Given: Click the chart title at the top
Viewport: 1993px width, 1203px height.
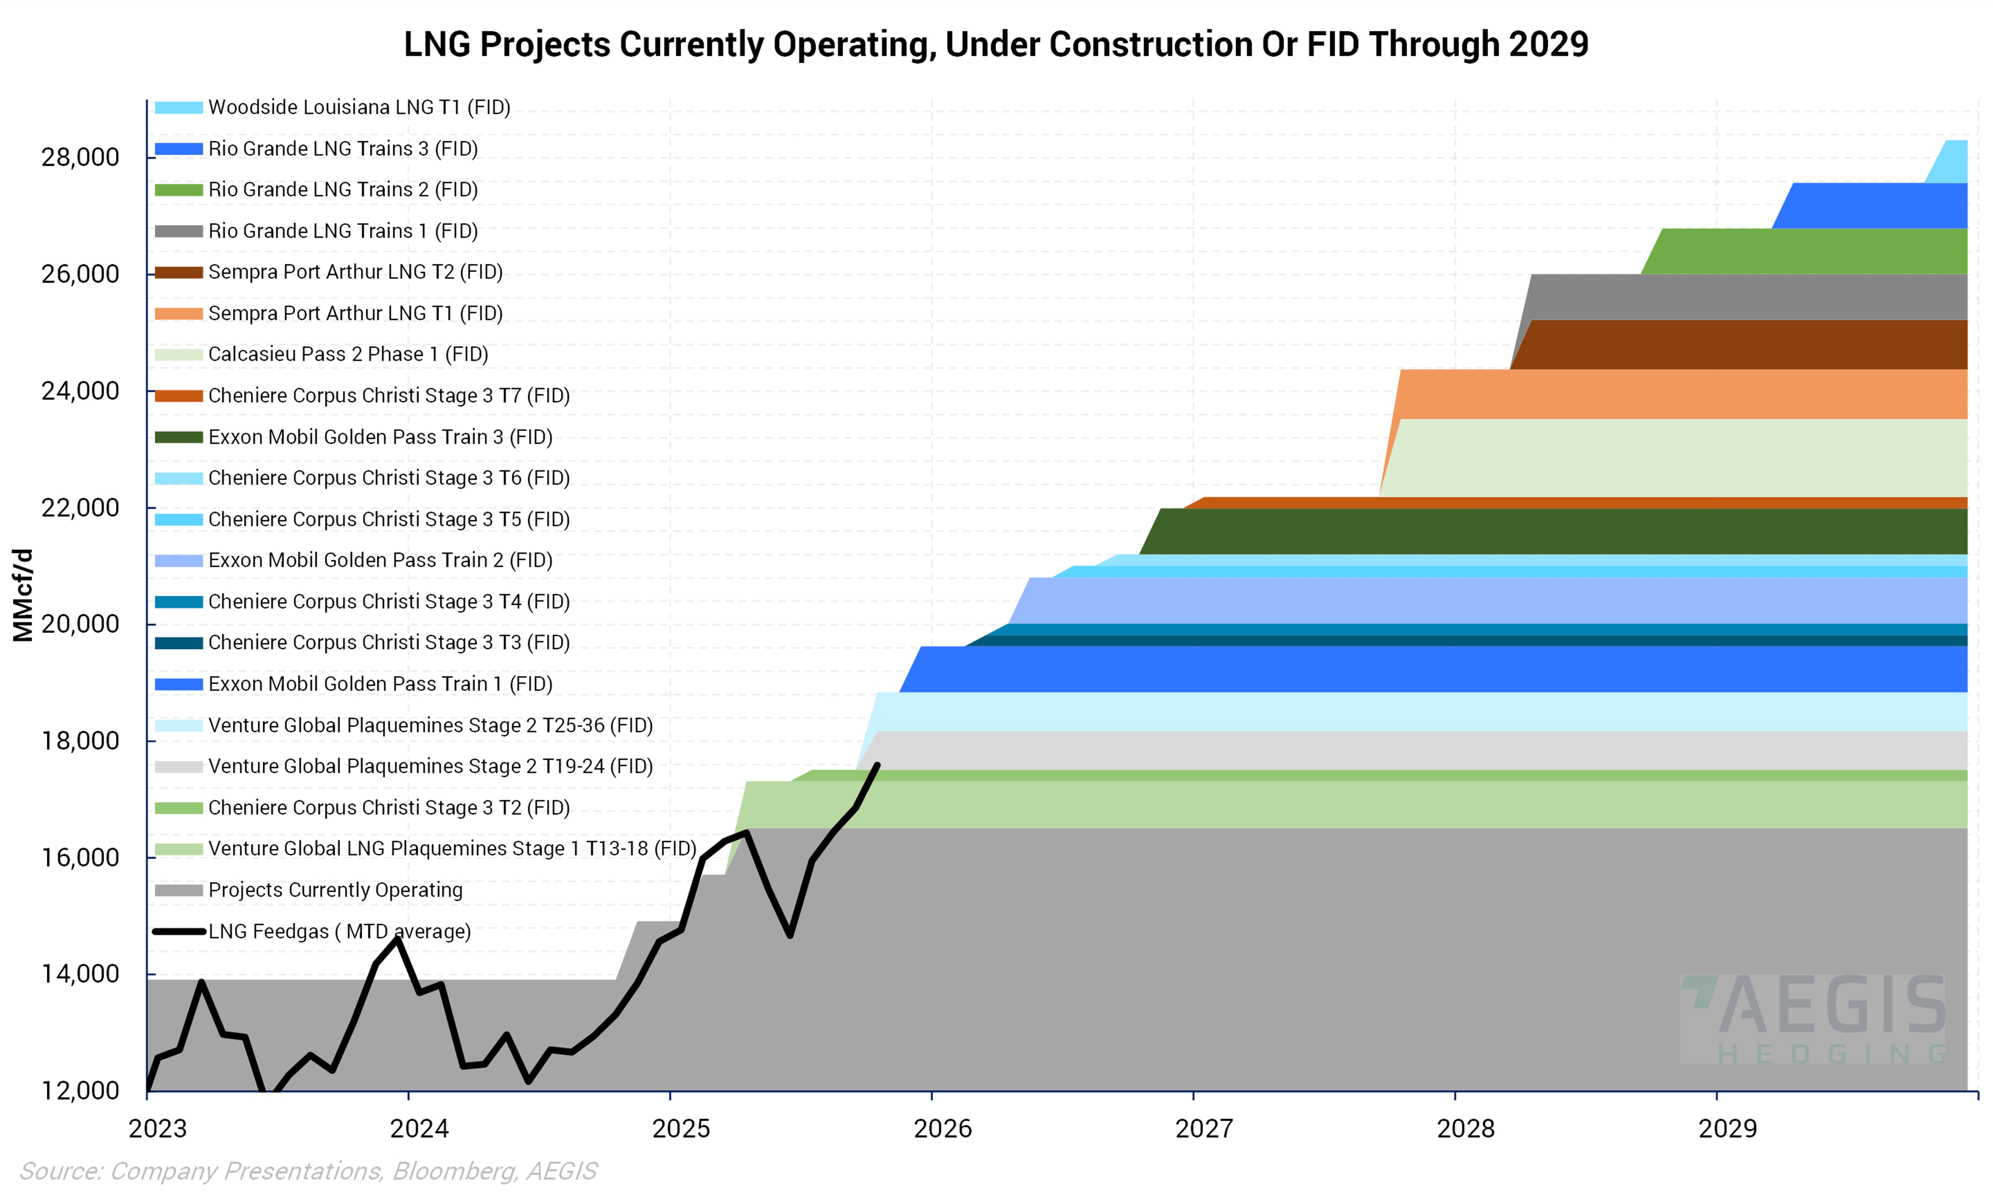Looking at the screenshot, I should pyautogui.click(x=996, y=44).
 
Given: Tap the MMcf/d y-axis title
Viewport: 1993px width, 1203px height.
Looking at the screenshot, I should pyautogui.click(x=23, y=595).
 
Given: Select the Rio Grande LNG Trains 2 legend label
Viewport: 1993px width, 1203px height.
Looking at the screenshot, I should pyautogui.click(x=342, y=190).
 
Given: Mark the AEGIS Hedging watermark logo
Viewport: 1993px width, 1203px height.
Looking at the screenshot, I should pyautogui.click(x=1812, y=1019).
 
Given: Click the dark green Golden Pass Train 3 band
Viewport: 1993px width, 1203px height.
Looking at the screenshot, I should pyautogui.click(x=1537, y=531).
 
